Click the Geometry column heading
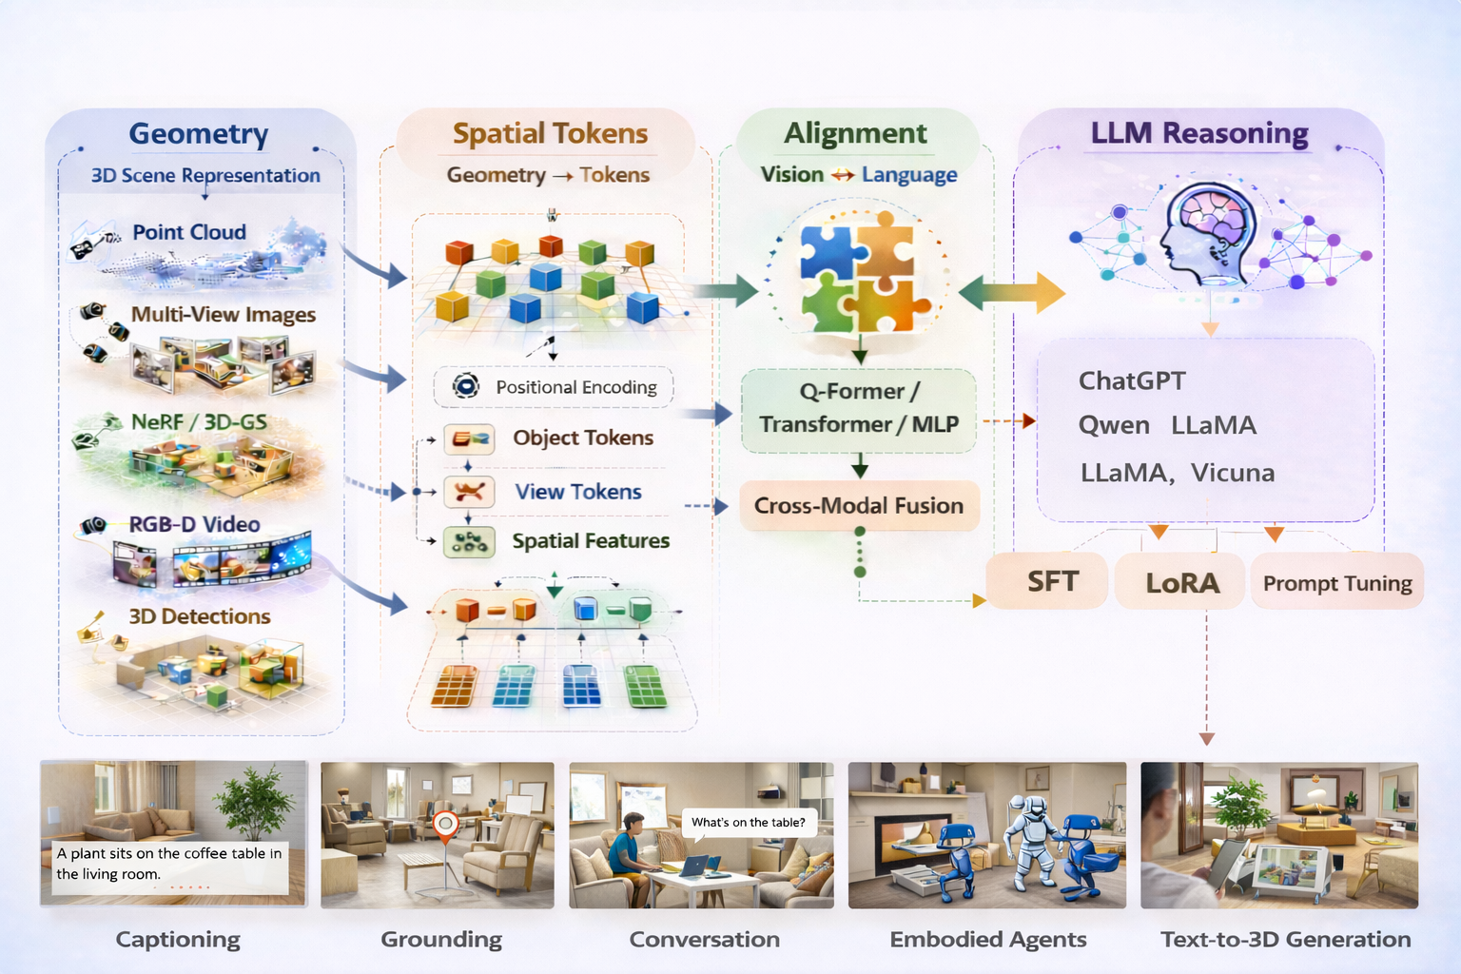[199, 134]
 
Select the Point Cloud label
[189, 232]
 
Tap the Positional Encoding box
[554, 387]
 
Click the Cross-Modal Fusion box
[859, 505]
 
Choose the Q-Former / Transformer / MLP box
[859, 408]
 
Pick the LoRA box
[1180, 582]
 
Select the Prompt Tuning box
[1336, 582]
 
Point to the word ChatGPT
[1132, 380]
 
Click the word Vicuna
[1233, 473]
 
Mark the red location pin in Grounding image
[445, 827]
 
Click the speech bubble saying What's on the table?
[749, 822]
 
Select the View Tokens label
[578, 492]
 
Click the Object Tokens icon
[469, 438]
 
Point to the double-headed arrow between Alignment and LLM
[1011, 293]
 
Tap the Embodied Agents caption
[987, 940]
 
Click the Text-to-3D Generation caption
[1285, 940]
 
